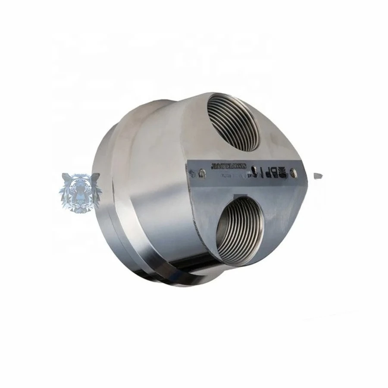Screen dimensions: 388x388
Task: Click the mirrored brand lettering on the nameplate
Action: click(x=228, y=165)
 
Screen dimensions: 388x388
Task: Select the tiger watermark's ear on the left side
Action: click(x=67, y=177)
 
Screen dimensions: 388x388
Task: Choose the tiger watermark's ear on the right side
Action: click(x=96, y=176)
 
